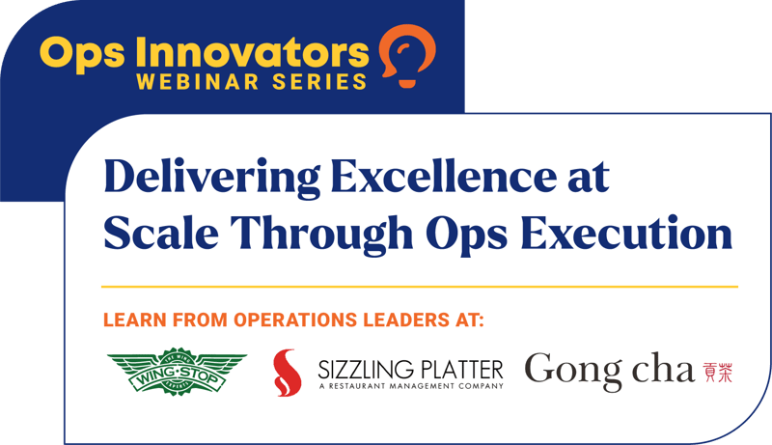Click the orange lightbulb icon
click(x=407, y=56)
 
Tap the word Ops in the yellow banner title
click(x=82, y=55)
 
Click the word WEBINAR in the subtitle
click(x=198, y=82)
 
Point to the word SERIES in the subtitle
click(x=319, y=82)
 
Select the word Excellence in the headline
click(x=444, y=177)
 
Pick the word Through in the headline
click(x=321, y=235)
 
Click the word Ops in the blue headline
click(x=467, y=235)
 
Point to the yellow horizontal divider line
click(x=420, y=286)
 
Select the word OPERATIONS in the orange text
click(x=295, y=320)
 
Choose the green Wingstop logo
click(x=177, y=370)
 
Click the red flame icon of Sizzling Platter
click(x=287, y=373)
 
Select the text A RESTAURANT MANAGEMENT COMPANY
click(x=411, y=386)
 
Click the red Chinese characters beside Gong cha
click(x=717, y=373)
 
